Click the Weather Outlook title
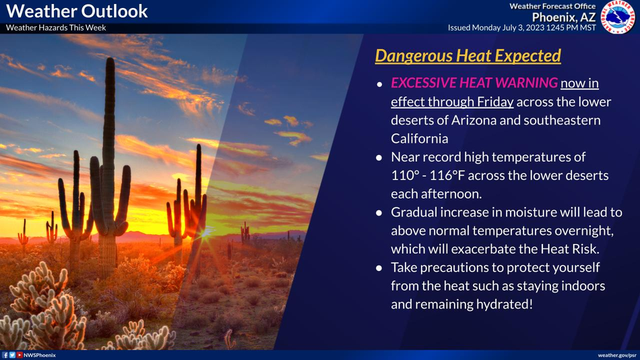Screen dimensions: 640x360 click(77, 11)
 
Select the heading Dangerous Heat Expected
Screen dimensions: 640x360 click(468, 56)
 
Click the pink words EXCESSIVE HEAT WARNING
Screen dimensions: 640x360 click(474, 83)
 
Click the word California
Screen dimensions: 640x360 click(419, 138)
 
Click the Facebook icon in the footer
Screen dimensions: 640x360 click(5, 355)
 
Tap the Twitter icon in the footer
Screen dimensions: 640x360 click(12, 355)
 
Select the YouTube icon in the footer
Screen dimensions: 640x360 click(19, 355)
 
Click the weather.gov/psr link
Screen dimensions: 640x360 click(616, 355)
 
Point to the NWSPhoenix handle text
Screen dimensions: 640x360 click(40, 355)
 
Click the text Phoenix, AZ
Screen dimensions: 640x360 click(564, 17)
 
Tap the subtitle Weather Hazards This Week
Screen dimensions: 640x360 click(56, 28)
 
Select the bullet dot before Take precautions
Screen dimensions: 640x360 click(379, 268)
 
